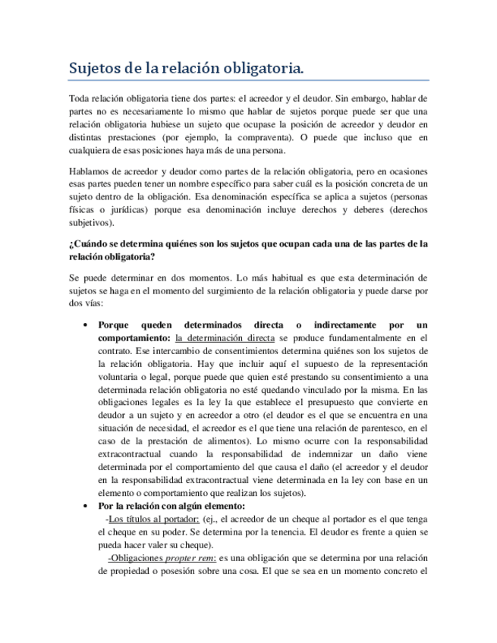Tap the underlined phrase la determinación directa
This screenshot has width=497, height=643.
coord(224,337)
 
